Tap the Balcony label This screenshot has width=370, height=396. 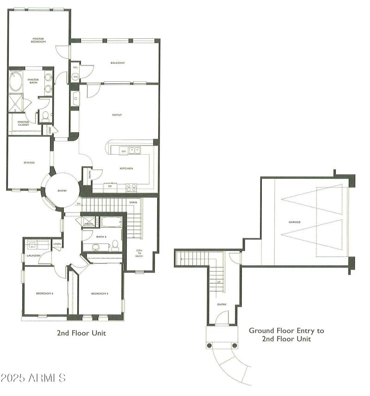click(x=117, y=63)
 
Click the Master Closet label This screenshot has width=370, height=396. click(x=24, y=123)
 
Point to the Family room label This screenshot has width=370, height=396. click(x=117, y=115)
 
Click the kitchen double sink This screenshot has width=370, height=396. click(x=135, y=150)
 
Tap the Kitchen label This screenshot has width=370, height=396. click(x=126, y=168)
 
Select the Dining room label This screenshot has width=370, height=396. click(x=29, y=163)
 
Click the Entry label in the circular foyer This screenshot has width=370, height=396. click(x=62, y=190)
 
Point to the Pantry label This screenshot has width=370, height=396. click(x=90, y=174)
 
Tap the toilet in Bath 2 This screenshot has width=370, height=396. click(x=115, y=246)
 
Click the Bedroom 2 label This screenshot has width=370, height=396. click(x=44, y=293)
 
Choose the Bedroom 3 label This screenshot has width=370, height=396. click(x=99, y=293)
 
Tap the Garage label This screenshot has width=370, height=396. click(x=295, y=222)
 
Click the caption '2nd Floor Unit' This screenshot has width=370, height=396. click(x=81, y=333)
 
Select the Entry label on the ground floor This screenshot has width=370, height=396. click(x=222, y=305)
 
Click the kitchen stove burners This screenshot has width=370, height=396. click(x=131, y=187)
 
